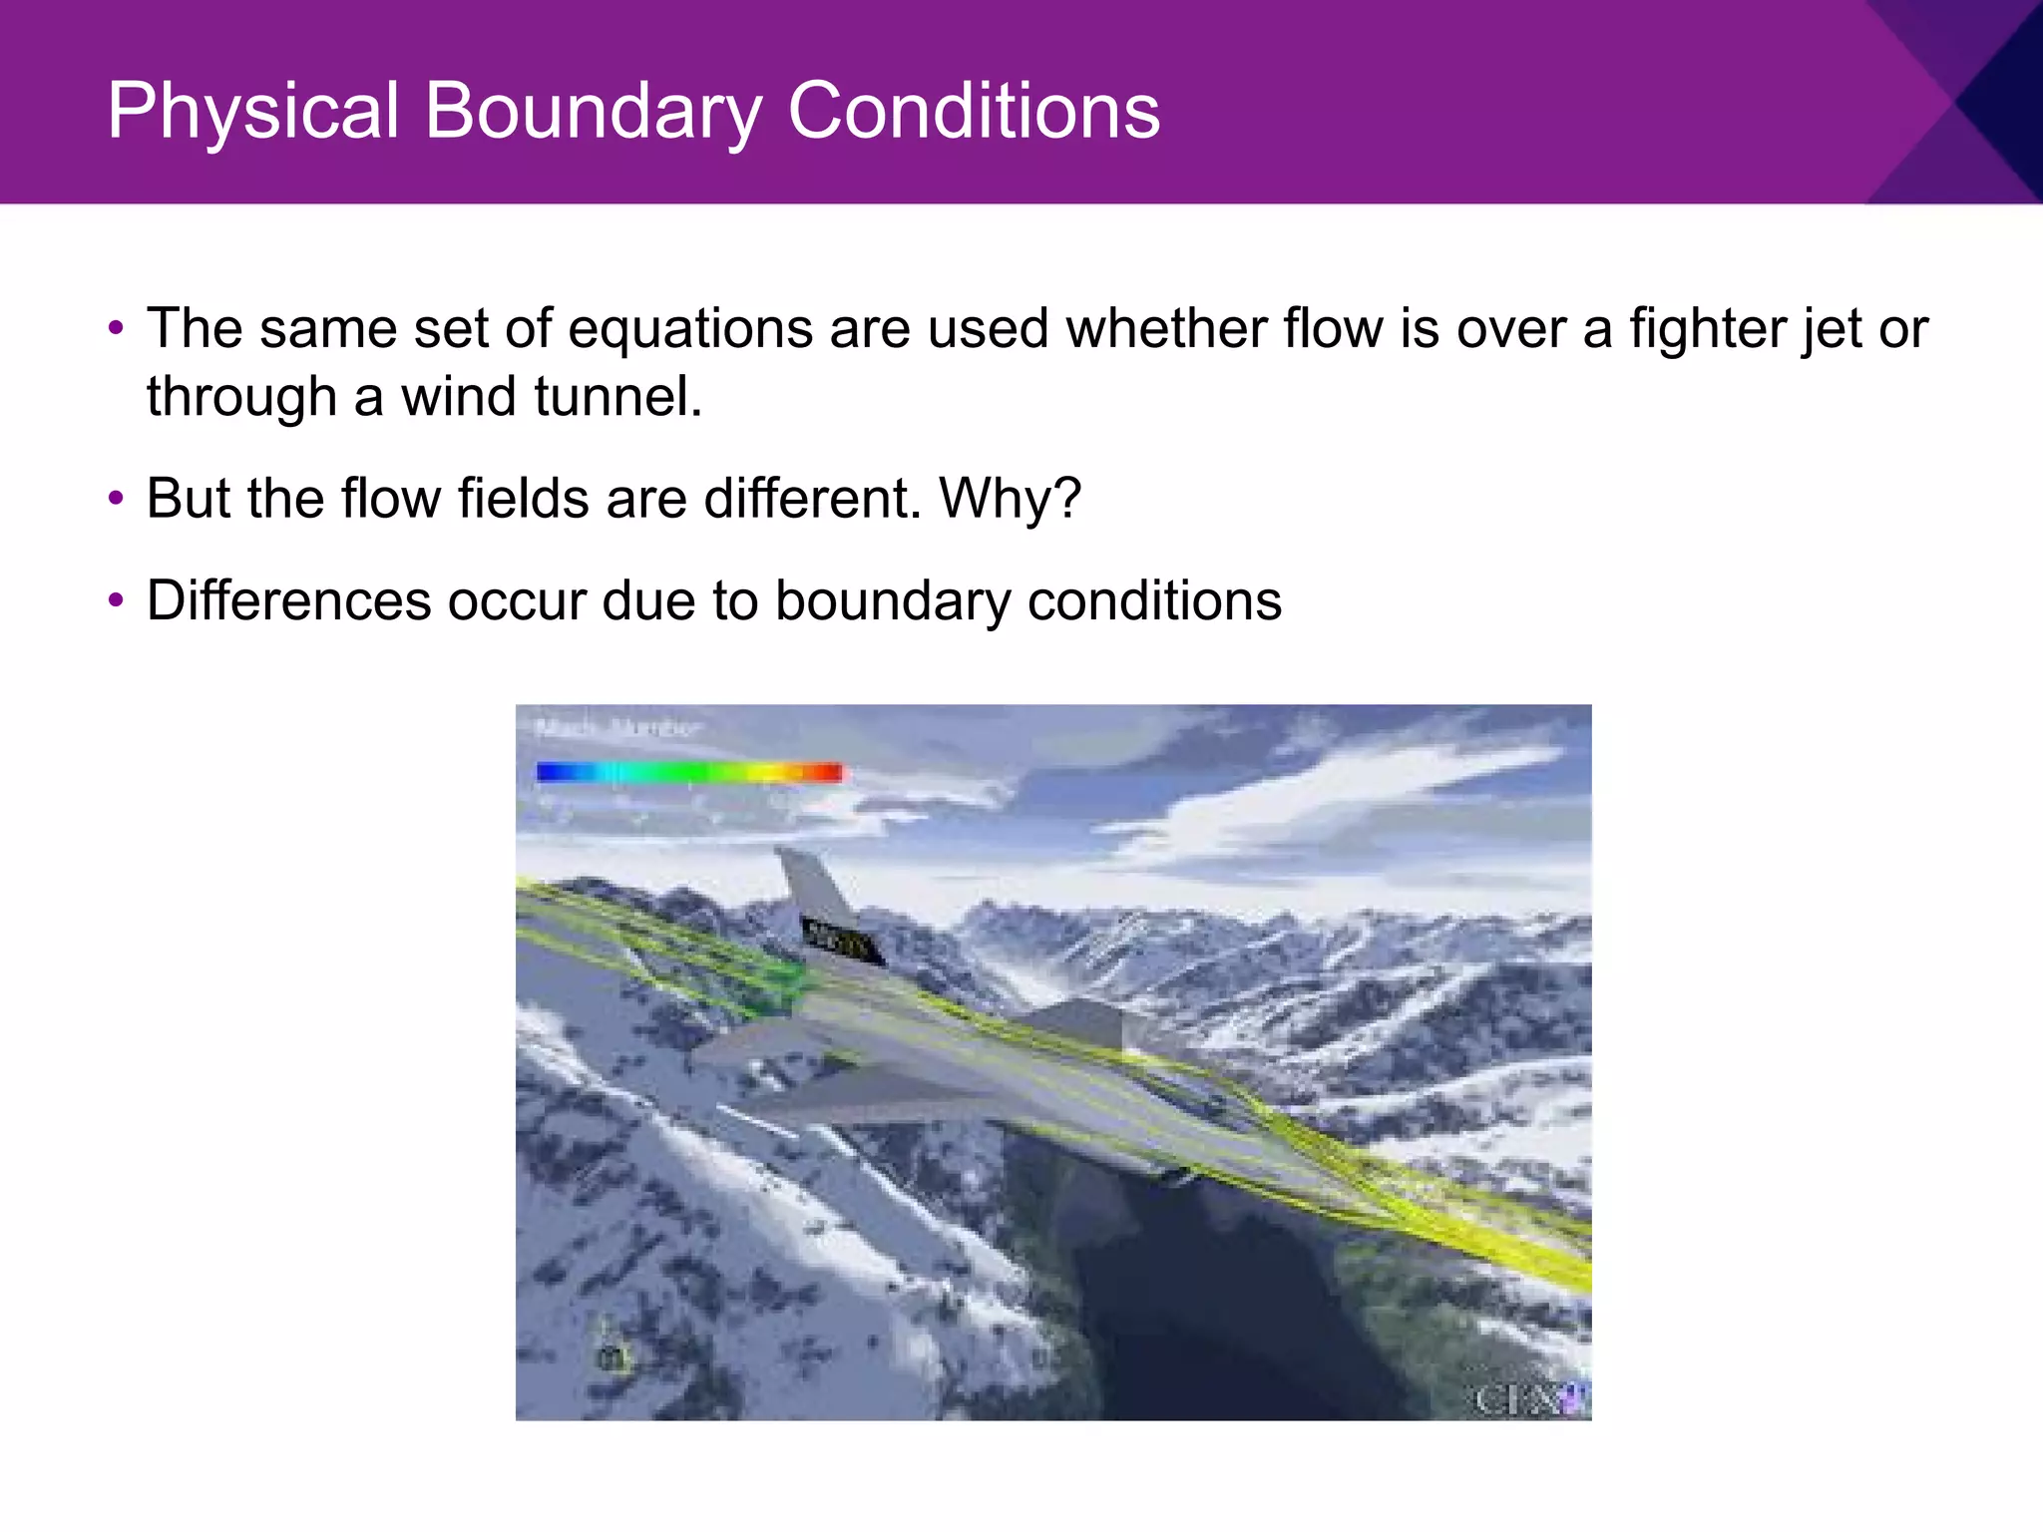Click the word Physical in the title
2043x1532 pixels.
[x=253, y=111]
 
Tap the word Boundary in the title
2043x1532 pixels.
[x=595, y=111]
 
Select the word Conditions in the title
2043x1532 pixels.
[x=974, y=111]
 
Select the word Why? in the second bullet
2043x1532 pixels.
[x=1010, y=499]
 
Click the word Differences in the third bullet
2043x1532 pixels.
[x=288, y=601]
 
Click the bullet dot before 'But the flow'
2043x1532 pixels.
[x=117, y=498]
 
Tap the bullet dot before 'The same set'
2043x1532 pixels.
[x=117, y=328]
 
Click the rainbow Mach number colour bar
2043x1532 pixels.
[x=688, y=772]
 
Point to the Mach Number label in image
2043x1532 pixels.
[x=618, y=728]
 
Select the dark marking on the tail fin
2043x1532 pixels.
[x=843, y=941]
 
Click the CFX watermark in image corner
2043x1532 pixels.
[x=1531, y=1398]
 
